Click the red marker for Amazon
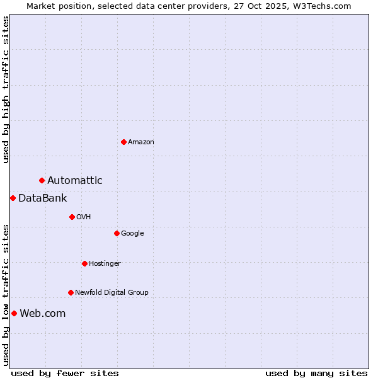pyautogui.click(x=123, y=142)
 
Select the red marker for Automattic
pyautogui.click(x=42, y=181)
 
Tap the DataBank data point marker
pyautogui.click(x=13, y=198)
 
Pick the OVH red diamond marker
pyautogui.click(x=72, y=217)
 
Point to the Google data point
pyautogui.click(x=117, y=233)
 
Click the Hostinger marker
pyautogui.click(x=84, y=263)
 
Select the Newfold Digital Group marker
pyautogui.click(x=71, y=292)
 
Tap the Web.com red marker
pyautogui.click(x=14, y=314)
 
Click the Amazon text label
pyautogui.click(x=141, y=142)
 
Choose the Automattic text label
pyautogui.click(x=75, y=181)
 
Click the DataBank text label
pyautogui.click(x=43, y=198)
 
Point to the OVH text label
pyautogui.click(x=84, y=217)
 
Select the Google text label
pyautogui.click(x=132, y=234)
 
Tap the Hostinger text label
pyautogui.click(x=105, y=264)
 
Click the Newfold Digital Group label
pyautogui.click(x=112, y=293)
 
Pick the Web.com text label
pyautogui.click(x=43, y=314)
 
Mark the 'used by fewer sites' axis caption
pyautogui.click(x=65, y=374)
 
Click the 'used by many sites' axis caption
pyautogui.click(x=316, y=374)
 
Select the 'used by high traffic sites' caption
pyautogui.click(x=6, y=89)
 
